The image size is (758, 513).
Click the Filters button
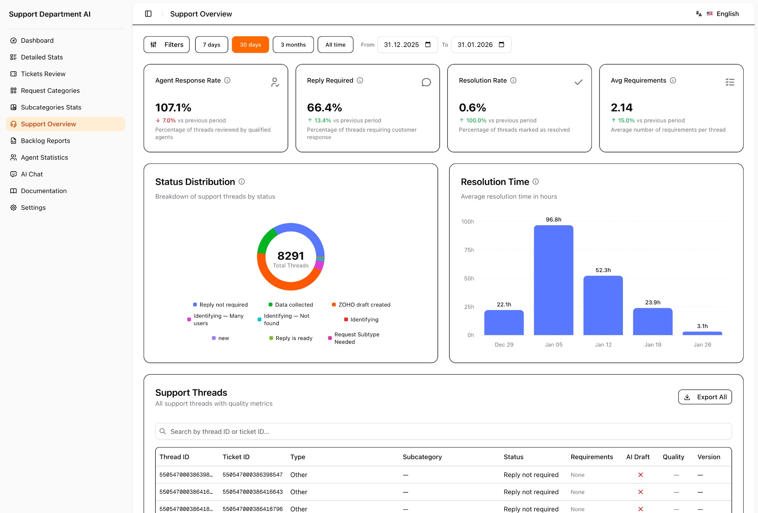[167, 45]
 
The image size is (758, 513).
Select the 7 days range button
[211, 45]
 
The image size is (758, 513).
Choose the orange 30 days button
[250, 45]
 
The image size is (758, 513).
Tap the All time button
[335, 45]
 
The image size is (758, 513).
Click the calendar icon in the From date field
[428, 44]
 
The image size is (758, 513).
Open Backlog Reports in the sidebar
[45, 141]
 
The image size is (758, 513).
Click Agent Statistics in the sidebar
[44, 158]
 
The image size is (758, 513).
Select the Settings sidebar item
[33, 207]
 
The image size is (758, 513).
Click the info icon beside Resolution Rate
[513, 80]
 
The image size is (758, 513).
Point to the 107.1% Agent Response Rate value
[173, 108]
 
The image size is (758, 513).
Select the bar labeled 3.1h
[702, 333]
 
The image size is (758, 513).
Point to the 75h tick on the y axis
[469, 250]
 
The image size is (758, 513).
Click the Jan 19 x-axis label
[653, 345]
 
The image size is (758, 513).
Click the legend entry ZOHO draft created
[364, 305]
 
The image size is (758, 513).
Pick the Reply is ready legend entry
[294, 338]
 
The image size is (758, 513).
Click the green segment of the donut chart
[265, 240]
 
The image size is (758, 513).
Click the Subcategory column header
[422, 457]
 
